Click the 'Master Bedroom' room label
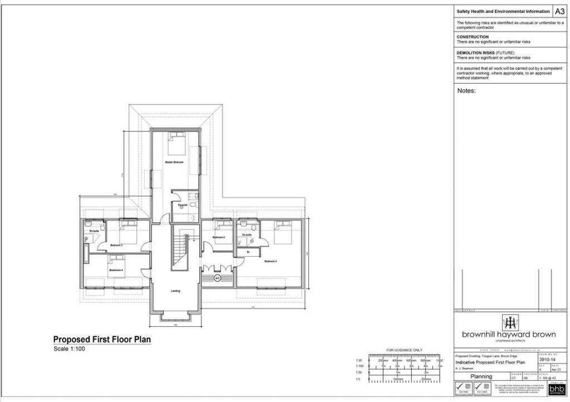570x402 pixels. (x=174, y=162)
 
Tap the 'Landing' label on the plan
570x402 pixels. (x=175, y=291)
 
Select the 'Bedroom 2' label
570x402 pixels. (x=271, y=261)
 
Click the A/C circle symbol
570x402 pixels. (x=218, y=277)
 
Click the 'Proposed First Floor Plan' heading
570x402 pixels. (x=102, y=339)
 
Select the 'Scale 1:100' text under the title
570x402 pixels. (x=70, y=349)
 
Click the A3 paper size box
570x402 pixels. (x=559, y=11)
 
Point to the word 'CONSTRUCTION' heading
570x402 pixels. (x=473, y=37)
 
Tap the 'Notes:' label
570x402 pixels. (x=466, y=90)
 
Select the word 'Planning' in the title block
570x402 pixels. (x=481, y=376)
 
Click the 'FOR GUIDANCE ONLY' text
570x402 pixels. (x=404, y=350)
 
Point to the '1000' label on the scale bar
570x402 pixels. (x=439, y=361)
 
